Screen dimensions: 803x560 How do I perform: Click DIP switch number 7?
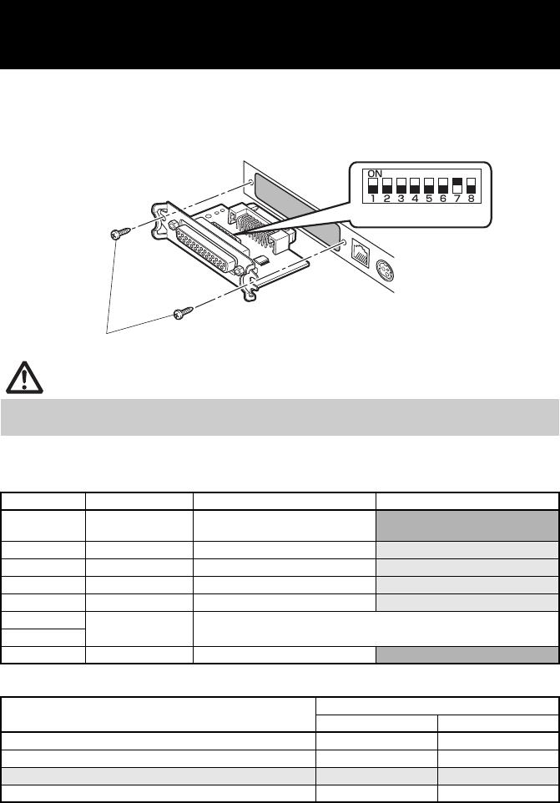coord(457,184)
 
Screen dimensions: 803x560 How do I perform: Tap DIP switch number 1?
coord(374,184)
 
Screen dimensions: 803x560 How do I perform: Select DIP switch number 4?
coord(415,184)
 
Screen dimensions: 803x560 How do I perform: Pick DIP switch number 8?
coord(471,184)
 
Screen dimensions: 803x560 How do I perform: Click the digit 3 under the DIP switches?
coord(401,200)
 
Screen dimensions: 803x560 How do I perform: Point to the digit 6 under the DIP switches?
coord(442,200)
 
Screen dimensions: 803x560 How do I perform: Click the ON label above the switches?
coord(376,172)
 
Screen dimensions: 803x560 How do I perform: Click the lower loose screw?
coord(183,313)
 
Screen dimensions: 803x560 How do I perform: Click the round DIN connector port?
coord(382,273)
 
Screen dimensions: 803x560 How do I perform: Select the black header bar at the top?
coord(280,34)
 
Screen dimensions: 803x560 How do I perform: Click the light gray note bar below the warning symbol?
coord(280,417)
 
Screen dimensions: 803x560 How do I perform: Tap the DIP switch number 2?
coord(388,184)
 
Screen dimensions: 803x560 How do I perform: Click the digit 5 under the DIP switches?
coord(429,200)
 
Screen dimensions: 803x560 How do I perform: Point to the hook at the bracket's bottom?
coord(248,295)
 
